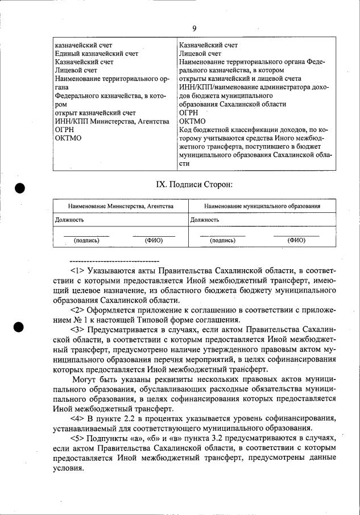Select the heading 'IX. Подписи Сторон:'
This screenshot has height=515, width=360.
[x=194, y=184]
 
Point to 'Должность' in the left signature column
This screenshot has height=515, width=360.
[x=70, y=219]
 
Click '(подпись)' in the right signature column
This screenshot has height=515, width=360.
[x=223, y=240]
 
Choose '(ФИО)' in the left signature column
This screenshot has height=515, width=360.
[x=154, y=240]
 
